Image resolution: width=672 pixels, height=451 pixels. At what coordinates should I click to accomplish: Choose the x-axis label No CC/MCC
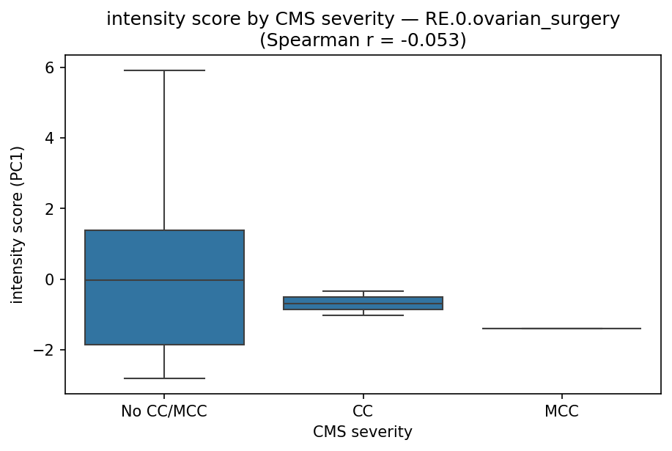tap(164, 411)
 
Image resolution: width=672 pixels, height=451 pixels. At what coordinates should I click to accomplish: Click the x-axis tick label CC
tap(363, 411)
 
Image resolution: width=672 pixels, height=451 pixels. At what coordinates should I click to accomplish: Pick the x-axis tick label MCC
tap(561, 411)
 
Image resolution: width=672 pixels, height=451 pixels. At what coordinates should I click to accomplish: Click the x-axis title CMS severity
tap(363, 433)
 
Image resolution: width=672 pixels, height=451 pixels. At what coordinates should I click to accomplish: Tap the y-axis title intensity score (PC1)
tap(17, 224)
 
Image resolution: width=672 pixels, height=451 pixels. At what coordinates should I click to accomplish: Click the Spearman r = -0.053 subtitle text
tap(363, 40)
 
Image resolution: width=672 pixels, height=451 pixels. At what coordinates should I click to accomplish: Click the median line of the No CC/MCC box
tap(164, 280)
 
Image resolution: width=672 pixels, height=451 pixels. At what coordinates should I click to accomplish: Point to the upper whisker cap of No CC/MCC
tap(164, 70)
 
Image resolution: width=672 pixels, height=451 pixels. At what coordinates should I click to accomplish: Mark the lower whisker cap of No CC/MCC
tap(164, 378)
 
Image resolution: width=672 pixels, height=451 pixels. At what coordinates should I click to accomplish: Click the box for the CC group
tap(363, 303)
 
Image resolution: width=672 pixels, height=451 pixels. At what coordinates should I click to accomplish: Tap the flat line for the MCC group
tap(561, 329)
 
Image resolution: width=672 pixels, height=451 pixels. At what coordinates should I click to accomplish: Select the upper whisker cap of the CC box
tap(363, 291)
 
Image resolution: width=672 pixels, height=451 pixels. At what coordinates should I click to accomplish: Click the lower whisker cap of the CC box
tap(363, 315)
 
